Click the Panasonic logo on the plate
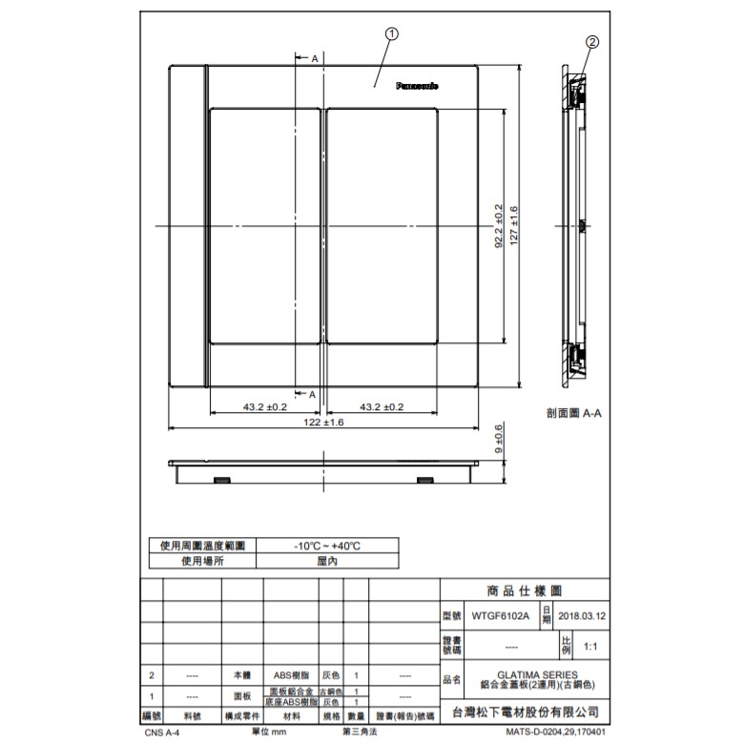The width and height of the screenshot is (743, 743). coord(417,87)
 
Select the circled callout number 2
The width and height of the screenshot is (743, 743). coord(591,42)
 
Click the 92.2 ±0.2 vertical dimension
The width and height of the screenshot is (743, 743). coord(498,226)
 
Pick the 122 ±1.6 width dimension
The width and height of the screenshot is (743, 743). coord(323,422)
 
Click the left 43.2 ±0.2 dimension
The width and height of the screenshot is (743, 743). coord(264,406)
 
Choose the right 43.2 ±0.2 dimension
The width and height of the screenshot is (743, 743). coord(382,406)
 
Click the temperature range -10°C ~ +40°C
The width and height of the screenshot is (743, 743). coord(326,546)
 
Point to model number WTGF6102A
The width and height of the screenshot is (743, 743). coord(499,616)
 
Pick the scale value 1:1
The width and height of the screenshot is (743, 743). coord(591,647)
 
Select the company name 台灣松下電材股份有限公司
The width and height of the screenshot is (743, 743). coord(525,712)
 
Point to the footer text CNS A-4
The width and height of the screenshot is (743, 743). coord(162,733)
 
